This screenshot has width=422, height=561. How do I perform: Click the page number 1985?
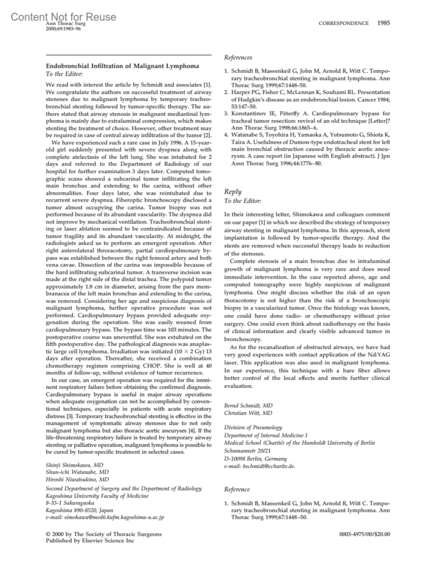[x=383, y=23]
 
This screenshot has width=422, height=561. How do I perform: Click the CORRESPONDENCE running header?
[x=344, y=24]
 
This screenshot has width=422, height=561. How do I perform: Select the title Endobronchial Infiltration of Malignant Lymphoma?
[x=122, y=66]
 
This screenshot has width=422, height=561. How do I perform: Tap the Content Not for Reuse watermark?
[x=63, y=17]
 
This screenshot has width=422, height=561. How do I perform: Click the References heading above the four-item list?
[x=238, y=58]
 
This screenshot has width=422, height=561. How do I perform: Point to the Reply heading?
[x=233, y=192]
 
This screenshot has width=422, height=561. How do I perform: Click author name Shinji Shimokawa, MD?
[x=75, y=465]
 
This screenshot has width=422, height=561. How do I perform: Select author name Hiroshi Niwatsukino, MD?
[x=77, y=479]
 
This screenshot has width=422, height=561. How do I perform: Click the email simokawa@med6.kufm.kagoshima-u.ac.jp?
[x=105, y=517]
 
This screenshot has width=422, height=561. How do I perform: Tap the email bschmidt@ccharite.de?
[x=260, y=466]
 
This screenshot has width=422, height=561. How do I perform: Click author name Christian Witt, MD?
[x=248, y=413]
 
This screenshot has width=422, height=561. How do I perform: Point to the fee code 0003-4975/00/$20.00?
[x=365, y=535]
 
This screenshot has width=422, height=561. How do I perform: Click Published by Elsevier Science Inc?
[x=90, y=541]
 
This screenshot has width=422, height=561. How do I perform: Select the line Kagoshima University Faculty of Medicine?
[x=97, y=496]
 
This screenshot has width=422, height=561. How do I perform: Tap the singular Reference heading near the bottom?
[x=237, y=489]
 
